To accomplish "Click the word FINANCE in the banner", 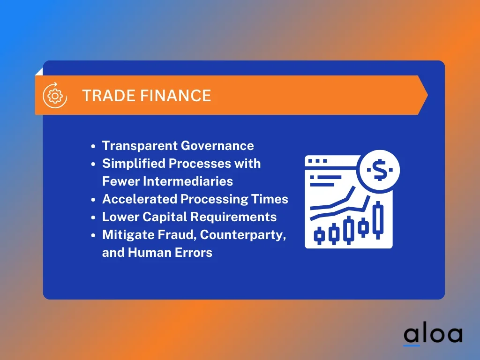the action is (176, 96).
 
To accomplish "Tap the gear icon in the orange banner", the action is (55, 96).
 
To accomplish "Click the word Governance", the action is (217, 146).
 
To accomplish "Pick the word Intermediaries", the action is (188, 181).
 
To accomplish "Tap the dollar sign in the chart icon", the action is (380, 170).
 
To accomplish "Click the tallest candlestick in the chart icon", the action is (379, 220).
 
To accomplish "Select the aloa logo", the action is (433, 335).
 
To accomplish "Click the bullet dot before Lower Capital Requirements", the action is (93, 217).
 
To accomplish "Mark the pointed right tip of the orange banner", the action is (427, 95).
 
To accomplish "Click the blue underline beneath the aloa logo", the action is (412, 345).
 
